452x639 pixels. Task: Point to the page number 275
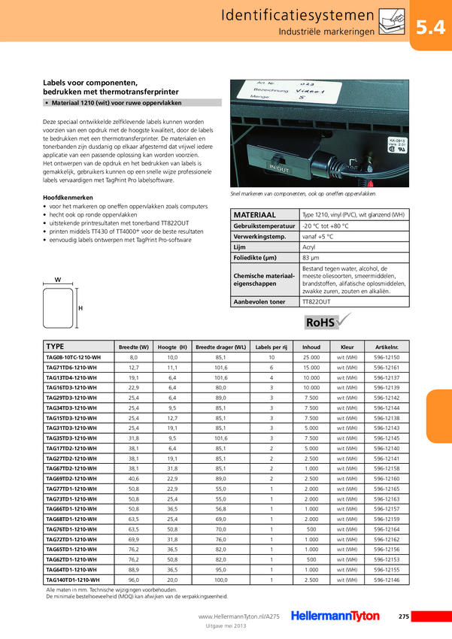tap(403, 616)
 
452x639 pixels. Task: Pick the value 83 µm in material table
tap(311, 259)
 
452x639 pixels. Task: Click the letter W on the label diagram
tap(58, 280)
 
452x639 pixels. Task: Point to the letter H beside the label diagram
tap(80, 308)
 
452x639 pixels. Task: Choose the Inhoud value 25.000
tap(311, 357)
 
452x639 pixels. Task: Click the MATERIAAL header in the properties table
tap(256, 214)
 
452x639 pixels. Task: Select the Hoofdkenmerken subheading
tap(68, 197)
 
